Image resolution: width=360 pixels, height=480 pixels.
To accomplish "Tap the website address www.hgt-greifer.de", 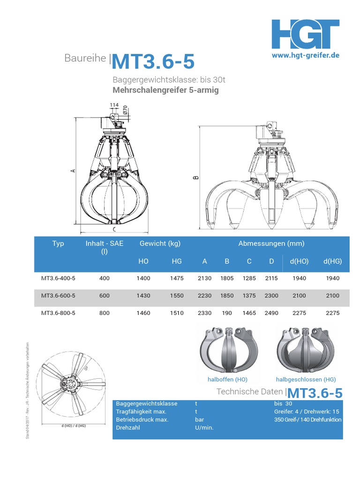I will (x=306, y=55).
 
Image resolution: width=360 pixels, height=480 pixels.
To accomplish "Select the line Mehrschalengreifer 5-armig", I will (x=165, y=90).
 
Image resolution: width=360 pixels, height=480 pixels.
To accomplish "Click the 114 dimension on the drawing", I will (x=114, y=105).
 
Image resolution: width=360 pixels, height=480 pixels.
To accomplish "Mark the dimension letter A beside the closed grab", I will (x=73, y=171).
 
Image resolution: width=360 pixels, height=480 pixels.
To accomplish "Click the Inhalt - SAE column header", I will (x=105, y=247).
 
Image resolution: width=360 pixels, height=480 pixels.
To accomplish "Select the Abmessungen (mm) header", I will (x=271, y=243).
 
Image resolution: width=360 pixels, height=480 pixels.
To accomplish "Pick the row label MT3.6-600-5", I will (x=58, y=296).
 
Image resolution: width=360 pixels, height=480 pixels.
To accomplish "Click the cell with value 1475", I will (x=177, y=278).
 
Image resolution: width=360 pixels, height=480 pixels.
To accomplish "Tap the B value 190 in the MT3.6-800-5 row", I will (x=227, y=313).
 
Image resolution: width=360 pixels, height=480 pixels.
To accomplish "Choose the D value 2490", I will (x=271, y=313).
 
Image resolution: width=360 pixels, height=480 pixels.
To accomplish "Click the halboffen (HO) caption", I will (x=227, y=379).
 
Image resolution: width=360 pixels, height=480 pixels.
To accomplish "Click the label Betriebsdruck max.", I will (x=142, y=420).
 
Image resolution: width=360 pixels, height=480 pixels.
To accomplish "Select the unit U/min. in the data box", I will (x=204, y=427).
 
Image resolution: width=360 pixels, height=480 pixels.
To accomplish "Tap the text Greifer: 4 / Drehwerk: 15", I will (x=307, y=412).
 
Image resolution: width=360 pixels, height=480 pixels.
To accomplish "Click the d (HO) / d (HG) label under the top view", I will (x=74, y=426).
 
